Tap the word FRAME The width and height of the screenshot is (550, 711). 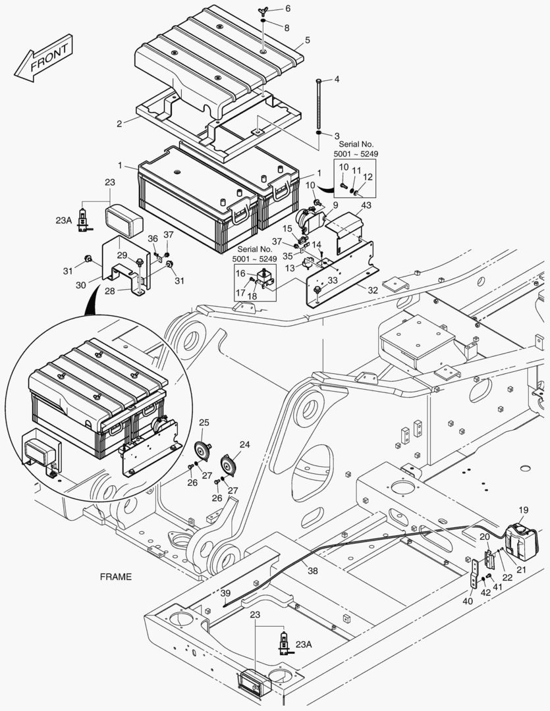[115, 577]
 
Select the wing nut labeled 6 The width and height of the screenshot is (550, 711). [262, 11]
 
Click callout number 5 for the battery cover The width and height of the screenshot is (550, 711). [307, 40]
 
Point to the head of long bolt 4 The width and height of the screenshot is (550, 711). [319, 80]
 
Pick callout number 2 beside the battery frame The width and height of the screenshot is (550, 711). [119, 123]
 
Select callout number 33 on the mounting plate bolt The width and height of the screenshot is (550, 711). [333, 280]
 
